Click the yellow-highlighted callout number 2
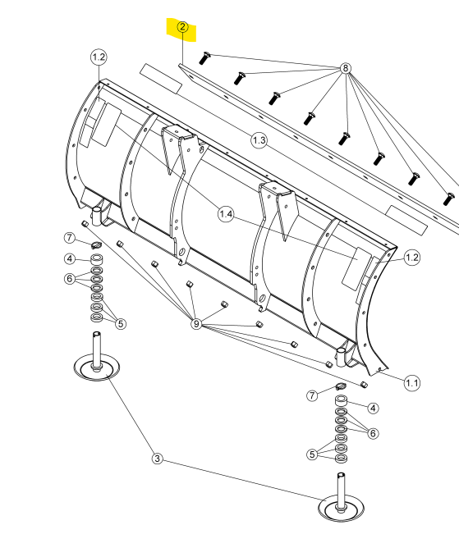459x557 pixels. click(x=182, y=27)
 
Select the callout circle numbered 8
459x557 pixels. click(x=345, y=68)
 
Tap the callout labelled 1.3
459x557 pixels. click(x=259, y=140)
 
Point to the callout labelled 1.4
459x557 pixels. click(x=226, y=214)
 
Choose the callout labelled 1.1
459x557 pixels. click(x=411, y=383)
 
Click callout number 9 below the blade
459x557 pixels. click(x=196, y=323)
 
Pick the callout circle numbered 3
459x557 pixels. click(x=158, y=459)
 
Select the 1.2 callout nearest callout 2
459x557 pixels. click(x=99, y=57)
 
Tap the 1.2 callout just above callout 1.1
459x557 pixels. click(x=411, y=258)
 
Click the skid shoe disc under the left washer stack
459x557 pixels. click(x=96, y=368)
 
